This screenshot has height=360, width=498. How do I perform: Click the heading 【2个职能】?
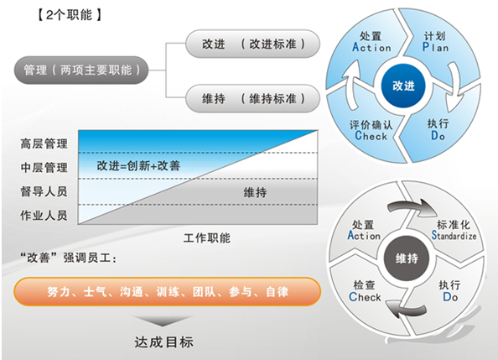point(70,15)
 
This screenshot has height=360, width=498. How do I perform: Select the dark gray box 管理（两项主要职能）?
point(81,70)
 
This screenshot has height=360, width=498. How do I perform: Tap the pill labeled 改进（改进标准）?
point(252,44)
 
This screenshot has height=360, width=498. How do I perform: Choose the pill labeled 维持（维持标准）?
point(252,98)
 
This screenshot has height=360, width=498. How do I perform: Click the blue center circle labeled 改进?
point(403,86)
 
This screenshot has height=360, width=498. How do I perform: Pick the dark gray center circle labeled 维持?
point(407,258)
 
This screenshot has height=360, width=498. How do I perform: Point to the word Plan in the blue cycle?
point(435,47)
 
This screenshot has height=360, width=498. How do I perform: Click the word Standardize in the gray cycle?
point(454,236)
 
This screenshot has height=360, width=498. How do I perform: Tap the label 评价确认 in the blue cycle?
point(371,125)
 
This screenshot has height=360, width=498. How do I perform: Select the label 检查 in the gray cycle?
point(365,285)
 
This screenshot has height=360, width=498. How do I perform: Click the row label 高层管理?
point(44,143)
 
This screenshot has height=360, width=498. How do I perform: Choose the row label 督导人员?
point(44,191)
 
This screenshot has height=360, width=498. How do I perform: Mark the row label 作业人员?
point(44,216)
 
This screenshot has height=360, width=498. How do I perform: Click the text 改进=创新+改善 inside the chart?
point(138,165)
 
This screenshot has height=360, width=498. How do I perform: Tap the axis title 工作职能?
point(207,237)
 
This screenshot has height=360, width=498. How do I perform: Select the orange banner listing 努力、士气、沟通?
point(168,292)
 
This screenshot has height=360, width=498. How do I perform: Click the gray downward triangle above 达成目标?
point(163,321)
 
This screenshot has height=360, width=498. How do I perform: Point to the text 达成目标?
point(163,342)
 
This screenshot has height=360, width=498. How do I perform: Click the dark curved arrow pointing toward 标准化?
point(412,206)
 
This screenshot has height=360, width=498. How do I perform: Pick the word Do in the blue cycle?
point(438,136)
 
